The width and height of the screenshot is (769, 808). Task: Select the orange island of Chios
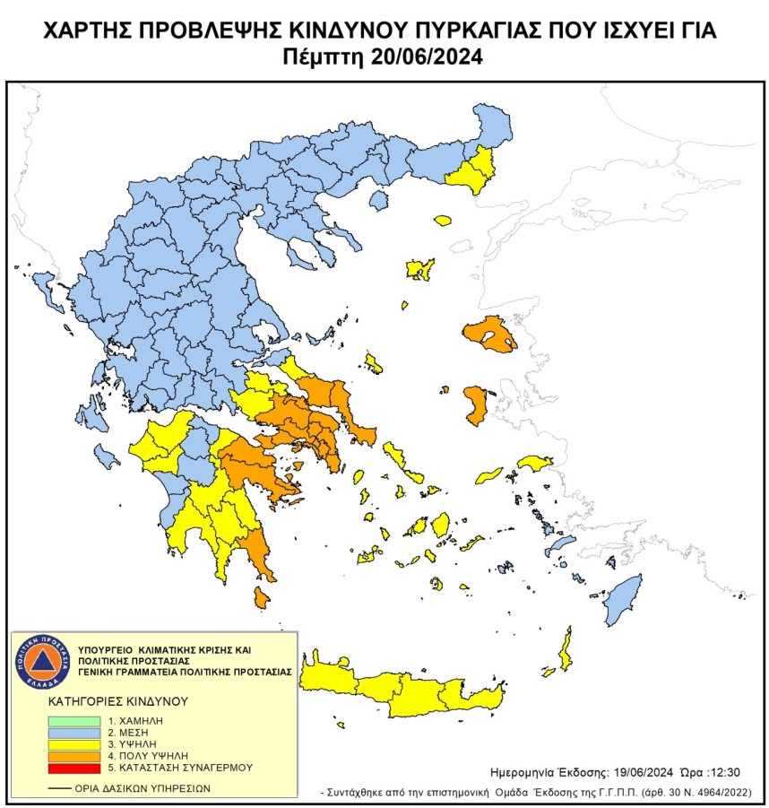[x=475, y=404]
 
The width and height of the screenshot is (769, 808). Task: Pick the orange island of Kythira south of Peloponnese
[x=261, y=597]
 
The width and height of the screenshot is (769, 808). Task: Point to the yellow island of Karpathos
[x=566, y=651]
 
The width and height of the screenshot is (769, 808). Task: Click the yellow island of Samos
[x=535, y=463]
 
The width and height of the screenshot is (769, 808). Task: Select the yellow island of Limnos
[x=419, y=268]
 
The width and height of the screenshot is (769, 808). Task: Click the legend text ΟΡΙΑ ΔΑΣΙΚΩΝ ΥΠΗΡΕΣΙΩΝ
[x=134, y=788]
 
